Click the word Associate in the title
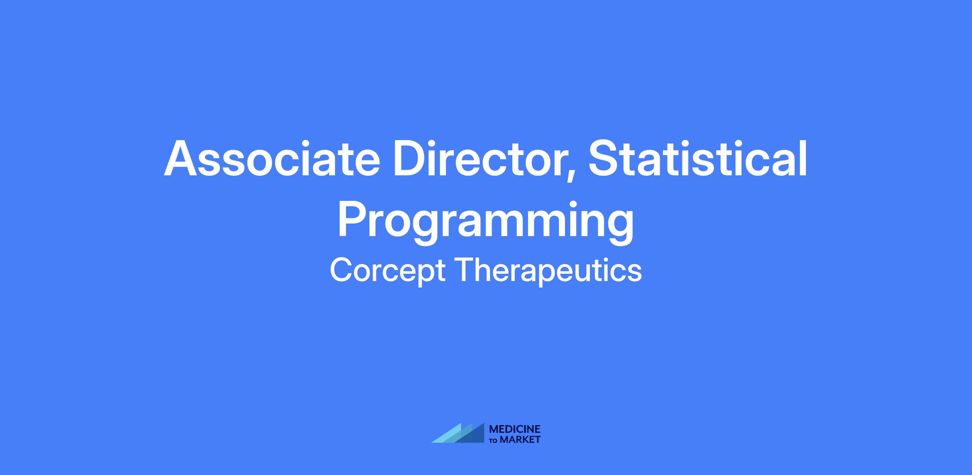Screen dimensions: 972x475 (x=272, y=158)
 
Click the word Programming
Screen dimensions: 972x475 (x=486, y=222)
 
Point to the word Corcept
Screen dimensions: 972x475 (x=388, y=271)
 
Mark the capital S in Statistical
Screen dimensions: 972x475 (x=605, y=158)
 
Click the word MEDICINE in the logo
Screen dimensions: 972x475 (x=515, y=429)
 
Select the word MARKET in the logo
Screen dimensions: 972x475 (x=520, y=439)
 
